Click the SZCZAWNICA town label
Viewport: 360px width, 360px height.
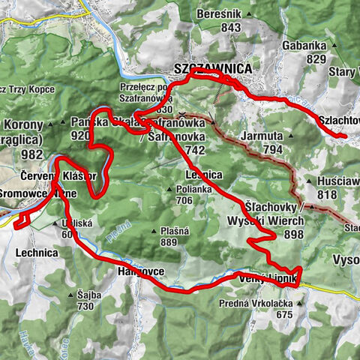tap(212, 67)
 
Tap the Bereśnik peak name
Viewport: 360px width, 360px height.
tap(220, 13)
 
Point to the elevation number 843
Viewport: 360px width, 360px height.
tap(230, 28)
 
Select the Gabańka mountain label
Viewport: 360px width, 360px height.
tap(304, 45)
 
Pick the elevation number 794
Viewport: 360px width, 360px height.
tap(271, 150)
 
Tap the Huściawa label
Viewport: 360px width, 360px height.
tap(334, 181)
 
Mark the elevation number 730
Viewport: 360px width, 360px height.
tap(86, 306)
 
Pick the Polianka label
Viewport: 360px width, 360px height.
tap(175, 188)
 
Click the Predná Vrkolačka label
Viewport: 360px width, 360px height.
tap(271, 302)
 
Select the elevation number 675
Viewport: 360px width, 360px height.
tap(283, 315)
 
